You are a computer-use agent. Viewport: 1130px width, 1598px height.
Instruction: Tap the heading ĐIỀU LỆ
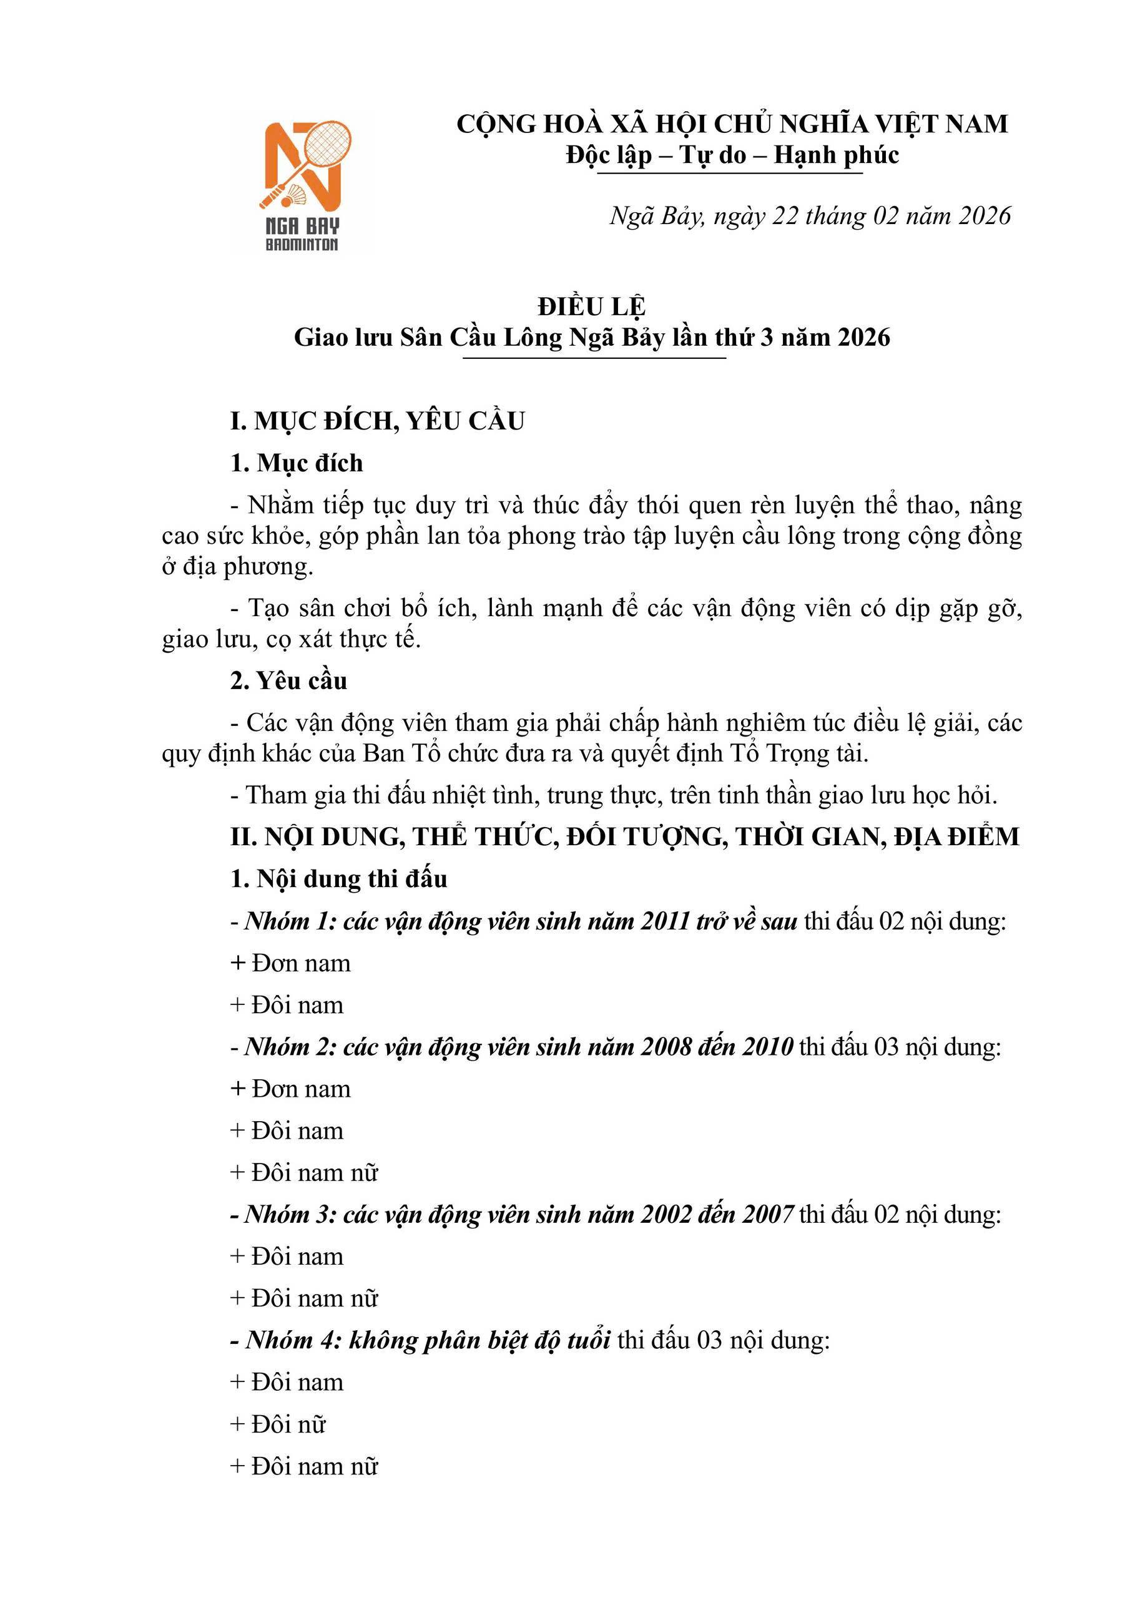(592, 307)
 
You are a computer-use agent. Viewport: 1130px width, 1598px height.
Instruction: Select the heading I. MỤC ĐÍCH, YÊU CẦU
(377, 421)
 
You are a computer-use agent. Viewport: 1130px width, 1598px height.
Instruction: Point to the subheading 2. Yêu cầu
(288, 680)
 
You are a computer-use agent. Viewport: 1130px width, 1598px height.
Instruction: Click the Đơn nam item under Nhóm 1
(291, 964)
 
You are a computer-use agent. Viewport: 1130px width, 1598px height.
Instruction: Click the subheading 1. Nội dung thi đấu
(338, 880)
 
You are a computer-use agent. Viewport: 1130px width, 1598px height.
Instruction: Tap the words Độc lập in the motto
(609, 155)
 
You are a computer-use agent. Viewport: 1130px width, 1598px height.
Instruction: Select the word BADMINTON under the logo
(302, 244)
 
